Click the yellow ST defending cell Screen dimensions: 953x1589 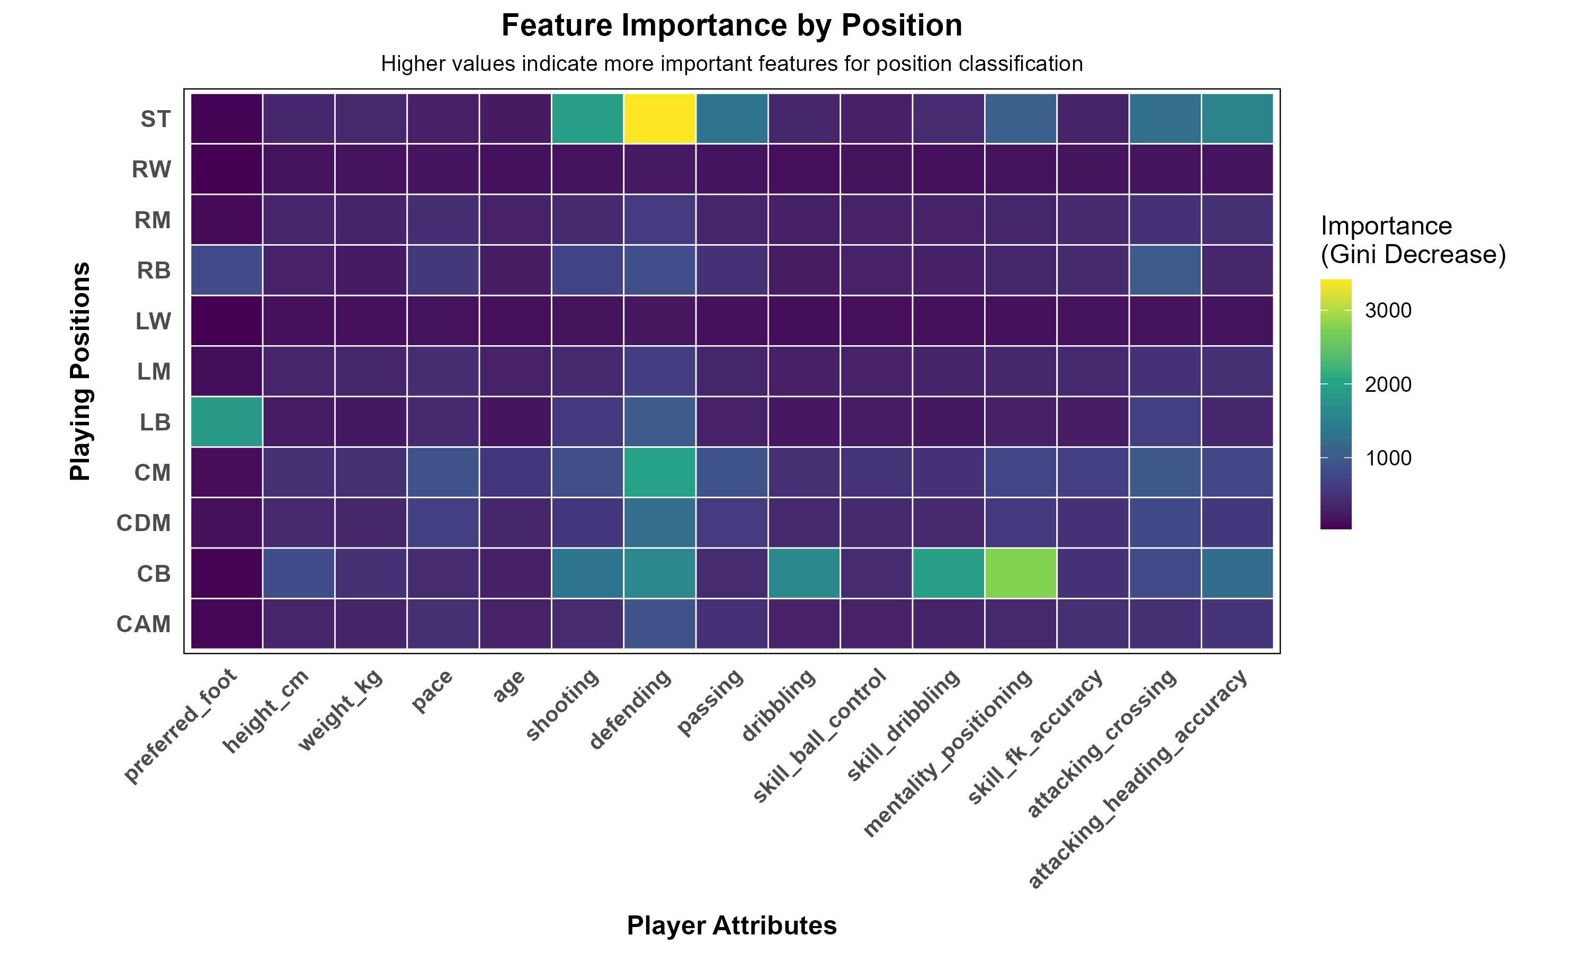(x=659, y=119)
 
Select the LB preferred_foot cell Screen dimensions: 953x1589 (x=227, y=422)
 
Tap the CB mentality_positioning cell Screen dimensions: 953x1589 (x=1020, y=573)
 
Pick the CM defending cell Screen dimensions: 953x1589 (x=659, y=473)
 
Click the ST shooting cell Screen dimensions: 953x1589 (x=587, y=119)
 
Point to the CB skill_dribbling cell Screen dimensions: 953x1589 (x=948, y=573)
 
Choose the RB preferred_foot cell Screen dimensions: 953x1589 (x=227, y=271)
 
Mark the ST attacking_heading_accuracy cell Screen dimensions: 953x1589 (x=1236, y=119)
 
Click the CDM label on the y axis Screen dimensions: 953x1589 (x=144, y=524)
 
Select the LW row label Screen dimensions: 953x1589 (x=153, y=321)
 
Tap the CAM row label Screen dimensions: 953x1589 (x=144, y=624)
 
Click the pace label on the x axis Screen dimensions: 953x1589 (x=432, y=691)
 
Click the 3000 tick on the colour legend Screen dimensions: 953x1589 (x=1388, y=311)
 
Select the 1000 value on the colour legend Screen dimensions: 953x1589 (x=1388, y=458)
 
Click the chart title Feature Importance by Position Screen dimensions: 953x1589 (x=731, y=26)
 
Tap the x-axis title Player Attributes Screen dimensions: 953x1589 (x=731, y=925)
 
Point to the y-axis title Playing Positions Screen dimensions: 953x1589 (x=81, y=371)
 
